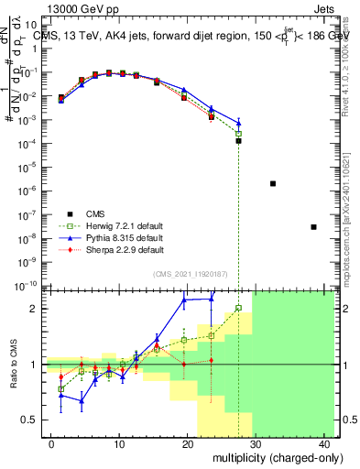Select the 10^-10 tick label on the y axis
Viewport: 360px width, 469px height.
[x=29, y=286]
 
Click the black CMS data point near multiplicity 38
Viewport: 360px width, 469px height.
[x=313, y=226]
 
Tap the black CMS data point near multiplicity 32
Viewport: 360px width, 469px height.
[x=273, y=183]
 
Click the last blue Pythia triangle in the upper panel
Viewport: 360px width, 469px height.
[x=238, y=122]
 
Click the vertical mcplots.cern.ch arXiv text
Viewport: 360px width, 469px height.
[x=350, y=211]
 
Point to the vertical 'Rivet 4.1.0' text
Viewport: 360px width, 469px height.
[x=350, y=55]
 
